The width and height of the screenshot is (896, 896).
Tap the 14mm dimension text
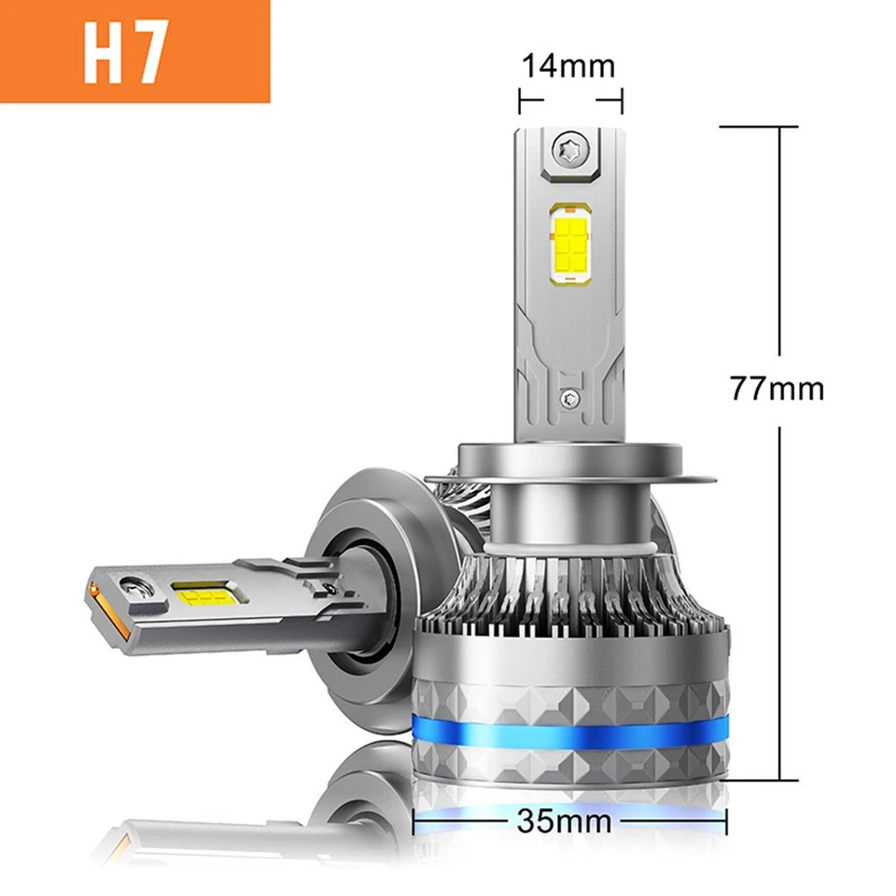click(568, 66)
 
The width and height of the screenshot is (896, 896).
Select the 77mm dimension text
click(777, 386)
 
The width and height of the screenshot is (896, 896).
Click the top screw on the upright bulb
click(568, 149)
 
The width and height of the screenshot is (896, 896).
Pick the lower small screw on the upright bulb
click(568, 397)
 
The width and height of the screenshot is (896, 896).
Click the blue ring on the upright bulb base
click(568, 733)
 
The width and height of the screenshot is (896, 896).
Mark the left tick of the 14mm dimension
click(520, 98)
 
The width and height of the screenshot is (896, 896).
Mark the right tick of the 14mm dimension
click(622, 98)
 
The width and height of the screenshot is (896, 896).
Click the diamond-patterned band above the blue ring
click(568, 687)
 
